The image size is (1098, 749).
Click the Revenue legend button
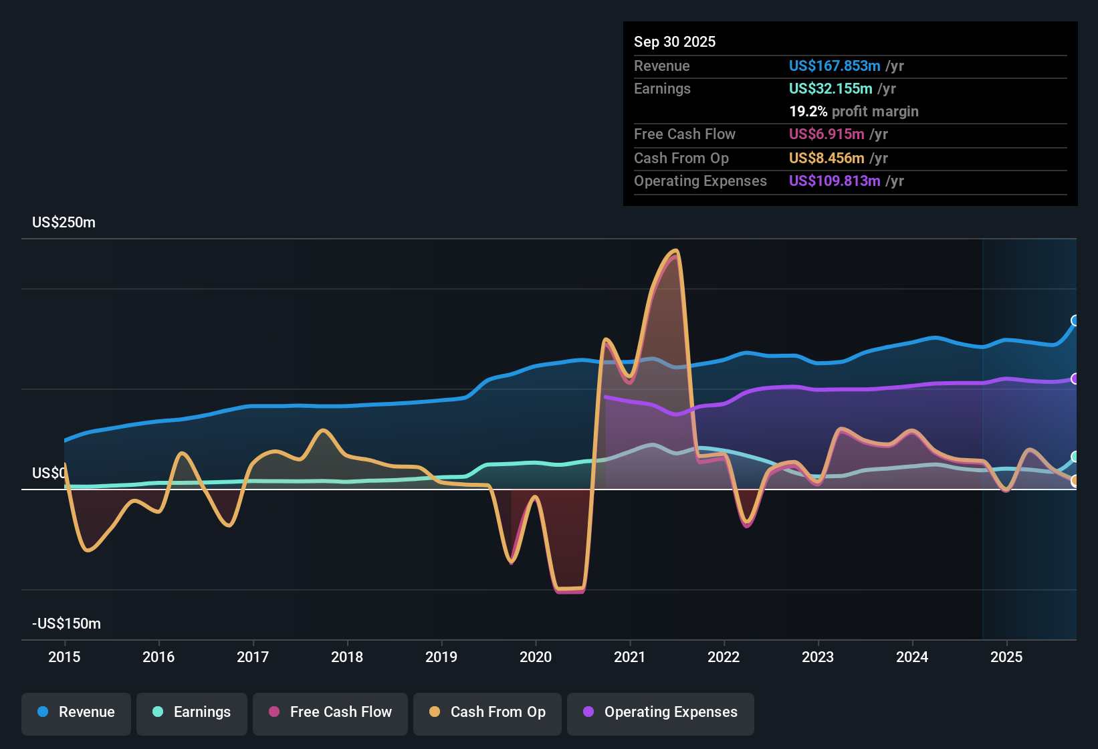76,712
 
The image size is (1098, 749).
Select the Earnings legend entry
192,712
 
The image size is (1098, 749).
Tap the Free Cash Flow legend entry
330,712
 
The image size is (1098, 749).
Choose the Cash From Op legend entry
487,712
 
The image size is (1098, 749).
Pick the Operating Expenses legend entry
661,712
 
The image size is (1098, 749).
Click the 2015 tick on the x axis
64,657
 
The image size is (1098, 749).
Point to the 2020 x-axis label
536,657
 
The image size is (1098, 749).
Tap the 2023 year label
818,657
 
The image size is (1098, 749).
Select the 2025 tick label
1006,657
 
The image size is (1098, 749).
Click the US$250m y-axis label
64,222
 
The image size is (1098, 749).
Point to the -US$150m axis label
66,623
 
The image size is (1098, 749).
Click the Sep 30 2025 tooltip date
675,41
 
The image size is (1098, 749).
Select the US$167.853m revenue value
834,66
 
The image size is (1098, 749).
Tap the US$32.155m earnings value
830,88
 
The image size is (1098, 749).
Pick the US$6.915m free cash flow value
826,134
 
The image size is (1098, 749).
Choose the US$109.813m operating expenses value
834,181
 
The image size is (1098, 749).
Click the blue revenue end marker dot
1075,320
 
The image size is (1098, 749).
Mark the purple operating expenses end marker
1075,379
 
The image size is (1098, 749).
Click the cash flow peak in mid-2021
675,252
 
